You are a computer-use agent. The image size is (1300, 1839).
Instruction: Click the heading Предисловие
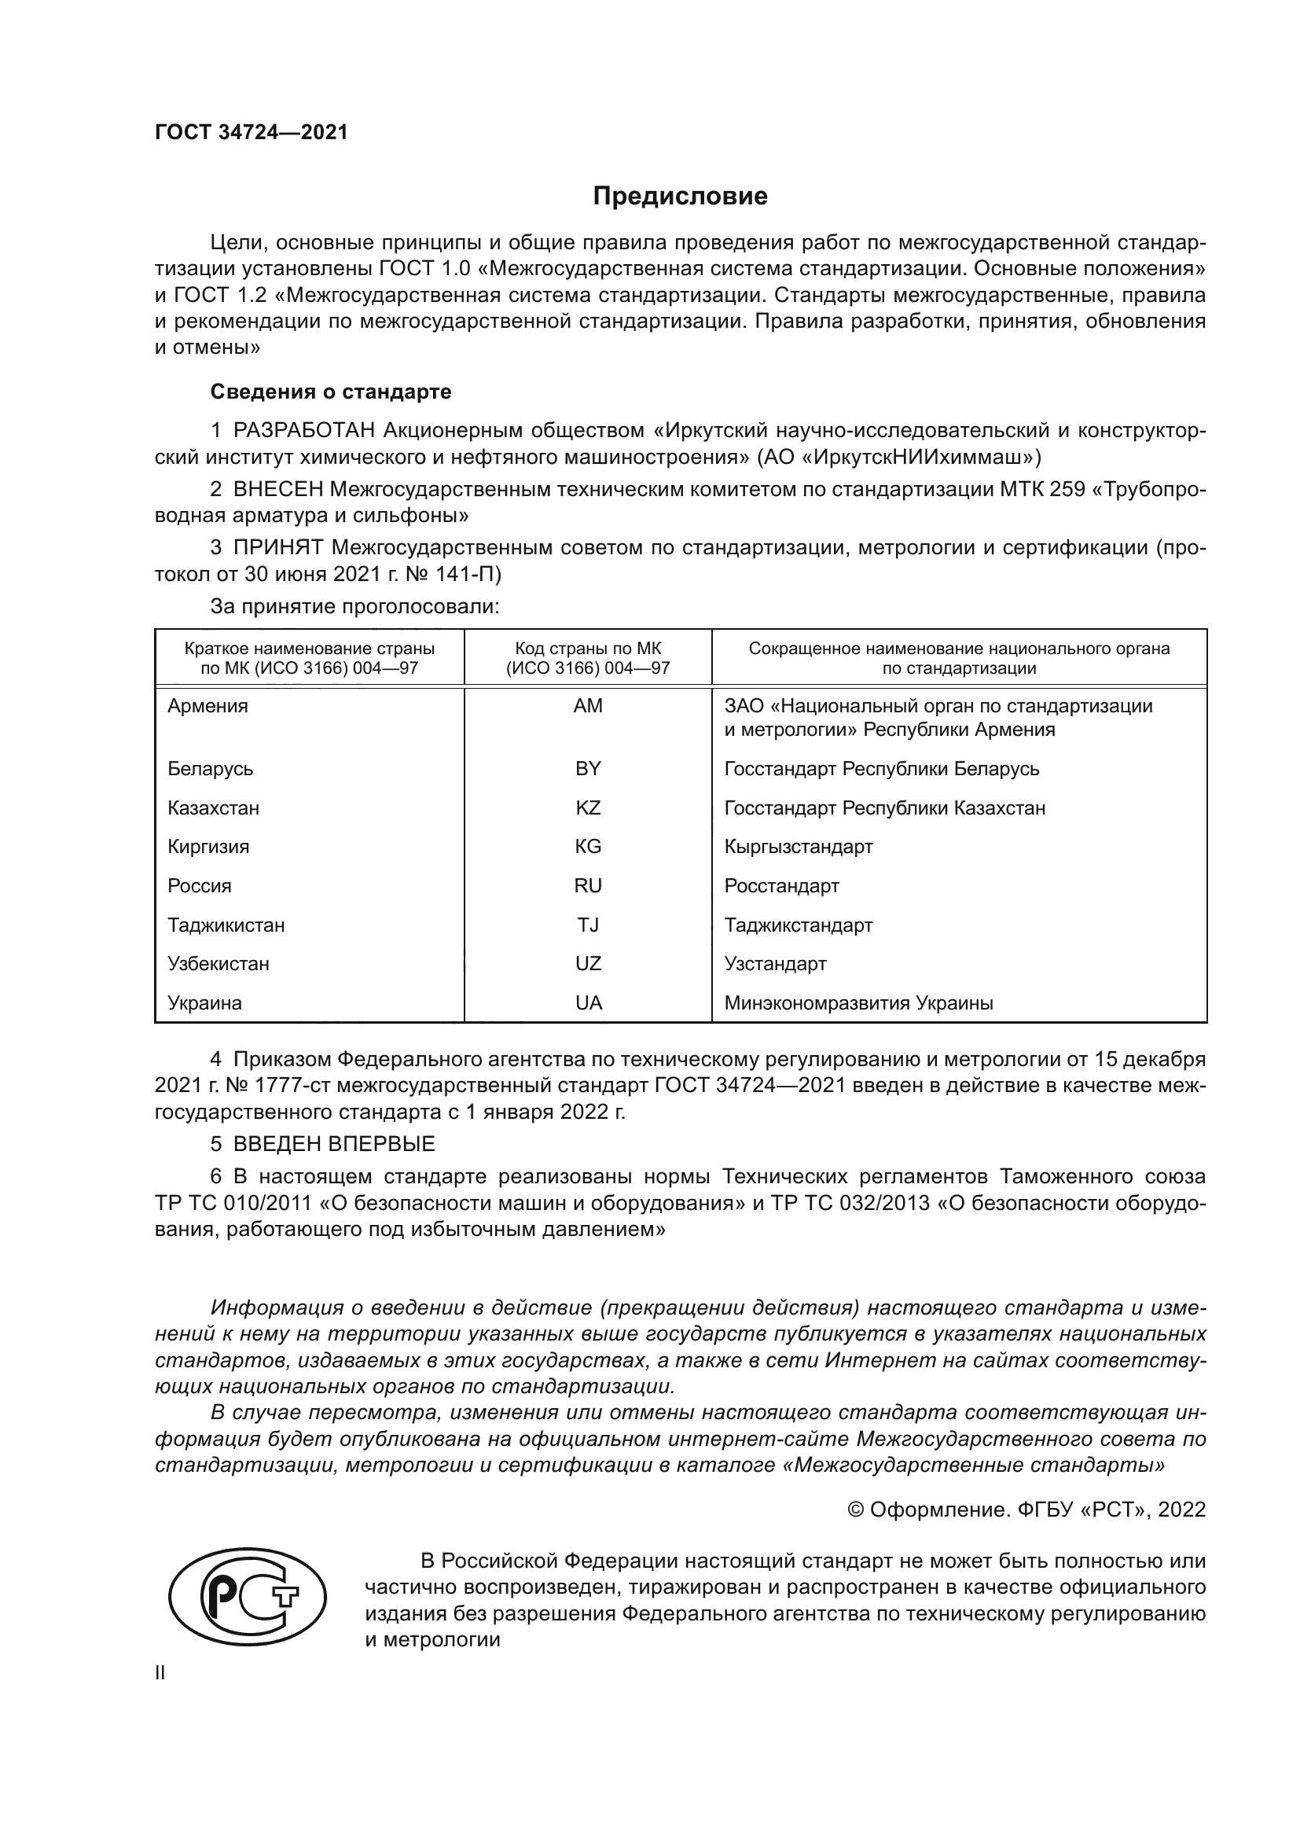coord(680,197)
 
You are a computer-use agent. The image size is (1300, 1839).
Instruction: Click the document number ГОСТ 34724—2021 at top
coord(252,132)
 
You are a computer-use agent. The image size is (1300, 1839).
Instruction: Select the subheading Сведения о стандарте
coord(331,392)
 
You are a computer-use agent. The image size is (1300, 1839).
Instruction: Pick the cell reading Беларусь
coord(211,769)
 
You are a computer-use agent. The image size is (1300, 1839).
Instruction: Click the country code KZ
coord(588,807)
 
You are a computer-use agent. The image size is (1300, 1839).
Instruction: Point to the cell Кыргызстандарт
coord(798,847)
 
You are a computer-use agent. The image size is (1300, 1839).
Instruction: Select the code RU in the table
coord(588,886)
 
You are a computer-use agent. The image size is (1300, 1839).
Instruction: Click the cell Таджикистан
coord(226,925)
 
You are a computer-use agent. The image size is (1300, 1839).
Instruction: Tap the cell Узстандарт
coord(775,964)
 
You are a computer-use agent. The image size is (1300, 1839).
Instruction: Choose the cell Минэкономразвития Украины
coord(858,1002)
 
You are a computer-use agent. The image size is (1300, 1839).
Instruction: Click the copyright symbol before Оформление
coord(856,1510)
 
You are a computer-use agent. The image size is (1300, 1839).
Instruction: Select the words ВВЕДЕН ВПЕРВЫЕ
coord(334,1144)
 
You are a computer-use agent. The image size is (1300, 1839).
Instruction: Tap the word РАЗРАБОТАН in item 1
coord(304,431)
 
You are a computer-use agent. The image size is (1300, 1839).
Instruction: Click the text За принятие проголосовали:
coord(354,606)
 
